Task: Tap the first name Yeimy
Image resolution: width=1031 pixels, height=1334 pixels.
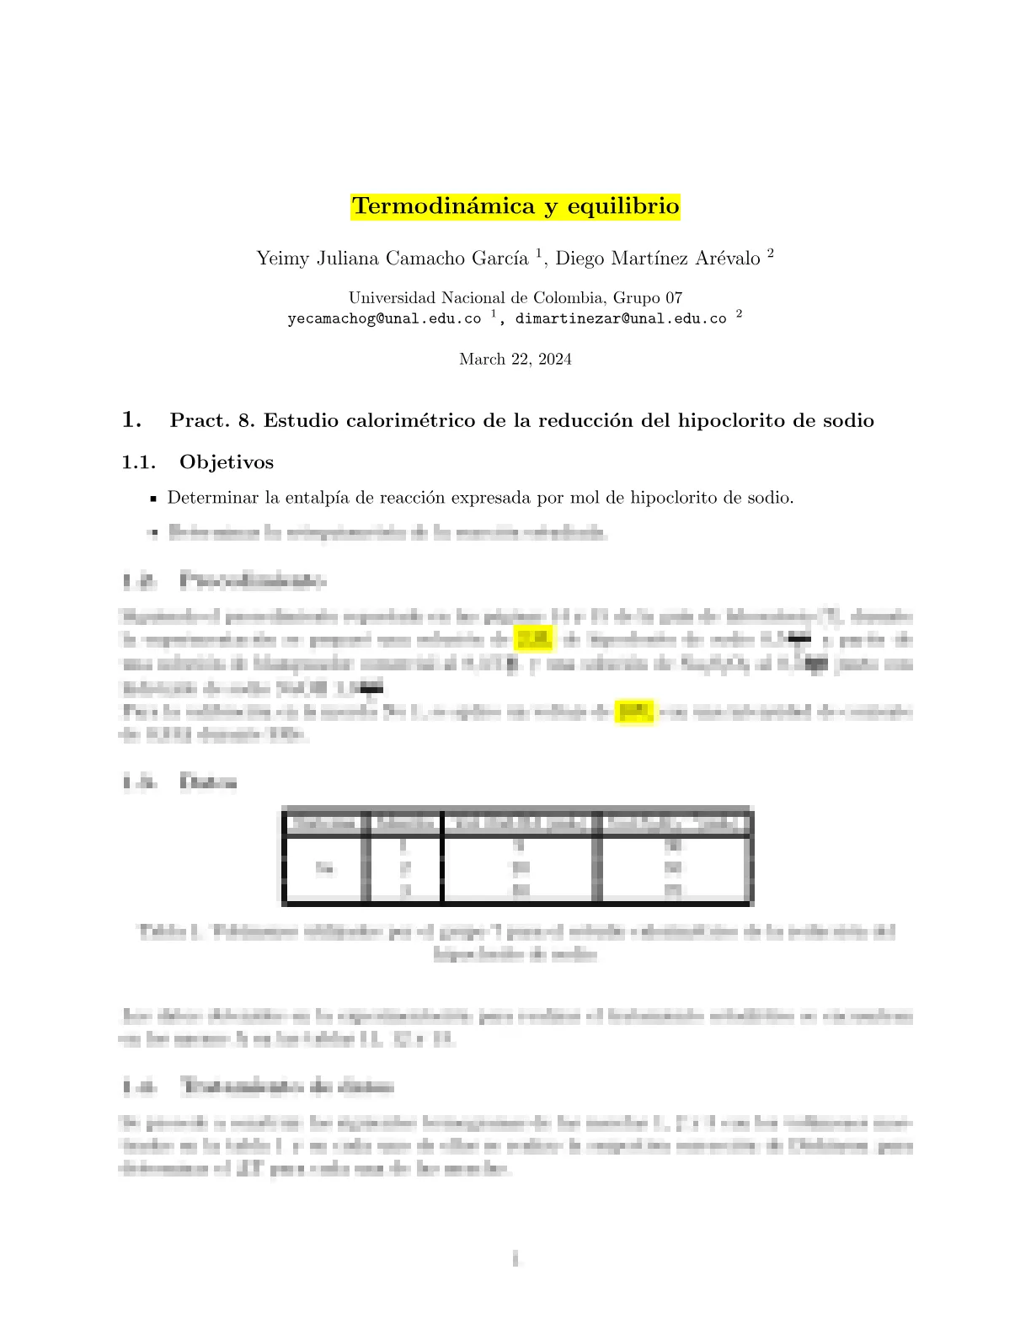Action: pos(283,259)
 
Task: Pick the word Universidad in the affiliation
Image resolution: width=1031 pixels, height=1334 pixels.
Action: pos(393,297)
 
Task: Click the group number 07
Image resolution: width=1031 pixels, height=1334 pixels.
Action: pos(673,297)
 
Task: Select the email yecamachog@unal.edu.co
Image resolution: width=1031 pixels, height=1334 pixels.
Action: pos(384,319)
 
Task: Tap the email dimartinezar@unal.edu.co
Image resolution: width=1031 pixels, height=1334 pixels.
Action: pos(621,319)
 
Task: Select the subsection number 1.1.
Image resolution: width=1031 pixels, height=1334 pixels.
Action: pos(139,462)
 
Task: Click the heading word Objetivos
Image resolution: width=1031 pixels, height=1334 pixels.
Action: pos(227,462)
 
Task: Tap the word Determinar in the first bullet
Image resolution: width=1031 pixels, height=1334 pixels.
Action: pos(213,498)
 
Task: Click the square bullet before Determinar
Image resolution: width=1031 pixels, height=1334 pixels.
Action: pos(153,499)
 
